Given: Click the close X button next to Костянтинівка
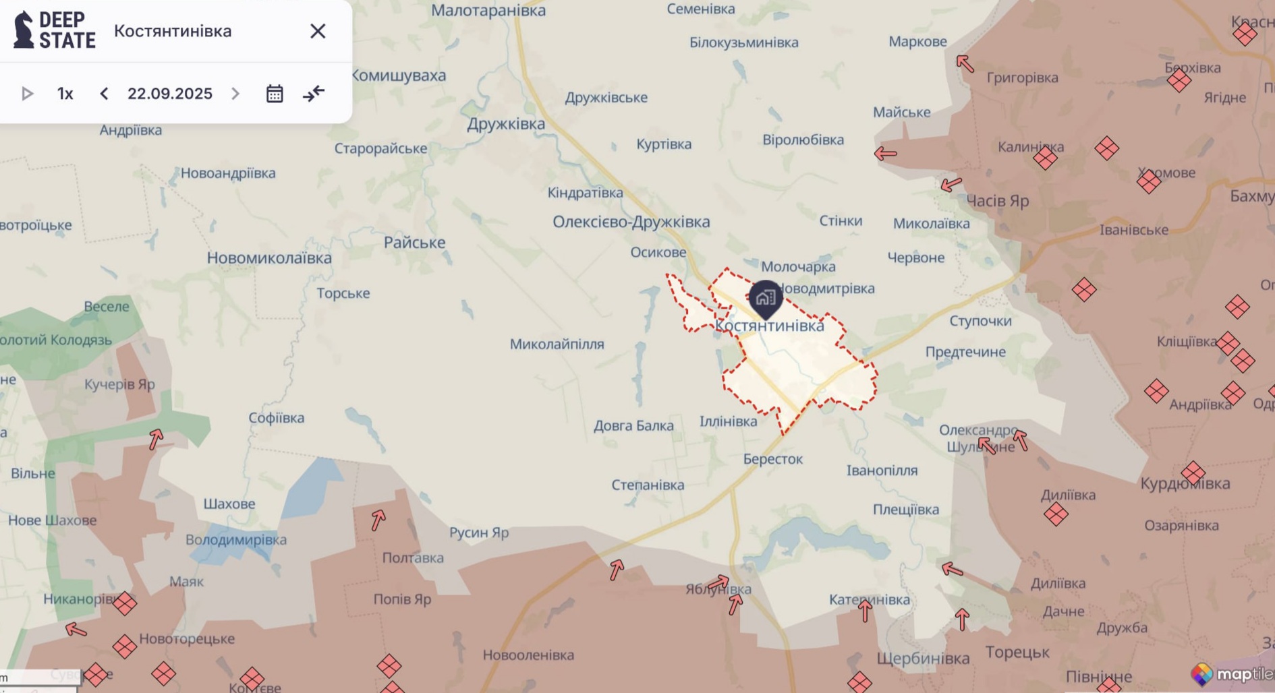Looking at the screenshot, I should (318, 31).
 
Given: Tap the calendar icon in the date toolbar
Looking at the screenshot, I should (275, 94).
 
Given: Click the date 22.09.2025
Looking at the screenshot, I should (170, 94).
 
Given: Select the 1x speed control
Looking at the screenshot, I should (65, 94).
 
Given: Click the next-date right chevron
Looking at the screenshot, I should (235, 94).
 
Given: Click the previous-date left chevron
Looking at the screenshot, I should (104, 94).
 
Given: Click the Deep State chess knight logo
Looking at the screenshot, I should (24, 30).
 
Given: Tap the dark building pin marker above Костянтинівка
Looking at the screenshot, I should (766, 298).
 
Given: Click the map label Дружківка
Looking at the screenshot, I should (506, 124).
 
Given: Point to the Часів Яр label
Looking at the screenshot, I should (998, 201).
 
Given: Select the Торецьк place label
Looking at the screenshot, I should (1017, 652).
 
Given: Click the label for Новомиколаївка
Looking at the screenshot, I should (269, 258).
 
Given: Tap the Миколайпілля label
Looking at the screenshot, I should (557, 344).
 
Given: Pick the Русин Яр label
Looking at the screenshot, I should (479, 533).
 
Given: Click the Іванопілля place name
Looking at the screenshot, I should (882, 471).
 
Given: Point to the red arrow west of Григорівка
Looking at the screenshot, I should (965, 63).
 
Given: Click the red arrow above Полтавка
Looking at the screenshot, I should (378, 520).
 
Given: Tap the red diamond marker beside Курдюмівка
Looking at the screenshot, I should (1193, 473).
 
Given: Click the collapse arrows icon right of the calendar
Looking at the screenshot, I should (314, 94).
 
